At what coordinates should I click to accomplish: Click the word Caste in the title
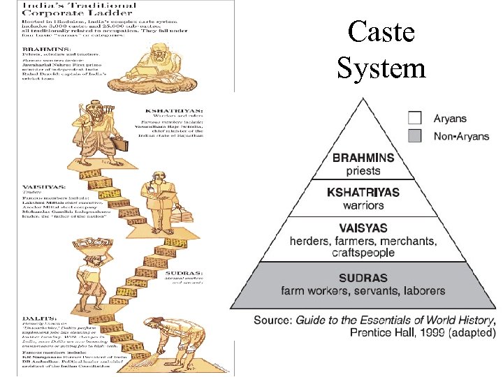(381, 33)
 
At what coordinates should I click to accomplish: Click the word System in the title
(381, 68)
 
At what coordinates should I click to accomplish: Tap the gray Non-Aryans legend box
(415, 135)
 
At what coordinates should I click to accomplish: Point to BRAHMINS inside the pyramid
(363, 158)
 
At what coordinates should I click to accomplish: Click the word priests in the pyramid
(363, 170)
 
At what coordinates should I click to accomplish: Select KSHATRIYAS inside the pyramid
(363, 193)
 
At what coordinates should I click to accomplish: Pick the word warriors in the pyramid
(363, 205)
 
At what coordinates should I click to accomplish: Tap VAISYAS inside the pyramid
(363, 228)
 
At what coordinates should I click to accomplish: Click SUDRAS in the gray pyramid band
(363, 277)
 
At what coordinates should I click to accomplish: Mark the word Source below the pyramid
(273, 320)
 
